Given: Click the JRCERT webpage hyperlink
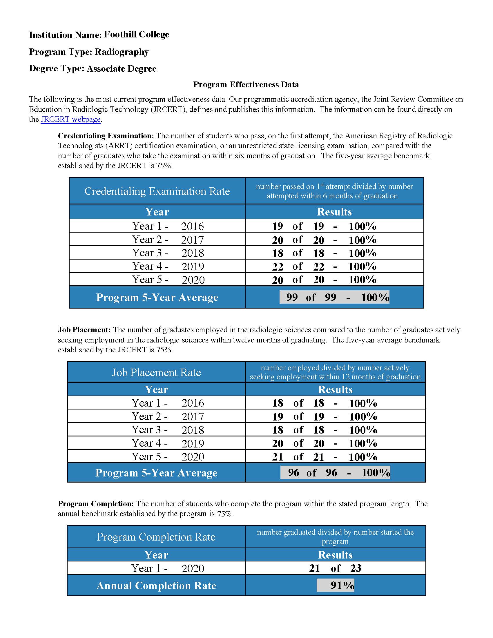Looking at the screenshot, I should point(70,119).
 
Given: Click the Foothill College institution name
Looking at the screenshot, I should point(136,35).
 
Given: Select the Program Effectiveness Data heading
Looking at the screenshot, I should point(246,85).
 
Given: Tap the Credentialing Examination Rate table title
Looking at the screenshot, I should point(157,191).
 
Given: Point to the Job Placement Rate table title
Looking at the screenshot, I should point(156,372).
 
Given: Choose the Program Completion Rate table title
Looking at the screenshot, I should point(156,537).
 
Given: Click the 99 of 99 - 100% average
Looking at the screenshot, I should point(334,297).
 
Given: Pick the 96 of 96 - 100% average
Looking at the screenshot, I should point(335,473).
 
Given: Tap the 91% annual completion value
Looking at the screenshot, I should point(335,586).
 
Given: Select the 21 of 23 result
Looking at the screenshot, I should point(335,568).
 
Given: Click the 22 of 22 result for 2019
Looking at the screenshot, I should point(324,267).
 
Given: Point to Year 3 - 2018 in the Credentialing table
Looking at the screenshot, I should point(168,253).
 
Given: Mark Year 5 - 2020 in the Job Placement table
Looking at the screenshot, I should point(168,456).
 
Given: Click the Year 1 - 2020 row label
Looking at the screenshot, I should point(168,568).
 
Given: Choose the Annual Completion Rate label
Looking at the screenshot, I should point(156,586).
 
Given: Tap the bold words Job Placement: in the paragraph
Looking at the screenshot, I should point(84,330).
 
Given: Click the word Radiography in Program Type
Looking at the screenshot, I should point(122,52).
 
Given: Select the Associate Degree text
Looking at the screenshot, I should point(122,69).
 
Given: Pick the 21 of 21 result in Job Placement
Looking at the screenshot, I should point(324,457).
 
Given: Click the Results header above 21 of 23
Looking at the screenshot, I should point(335,555).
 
